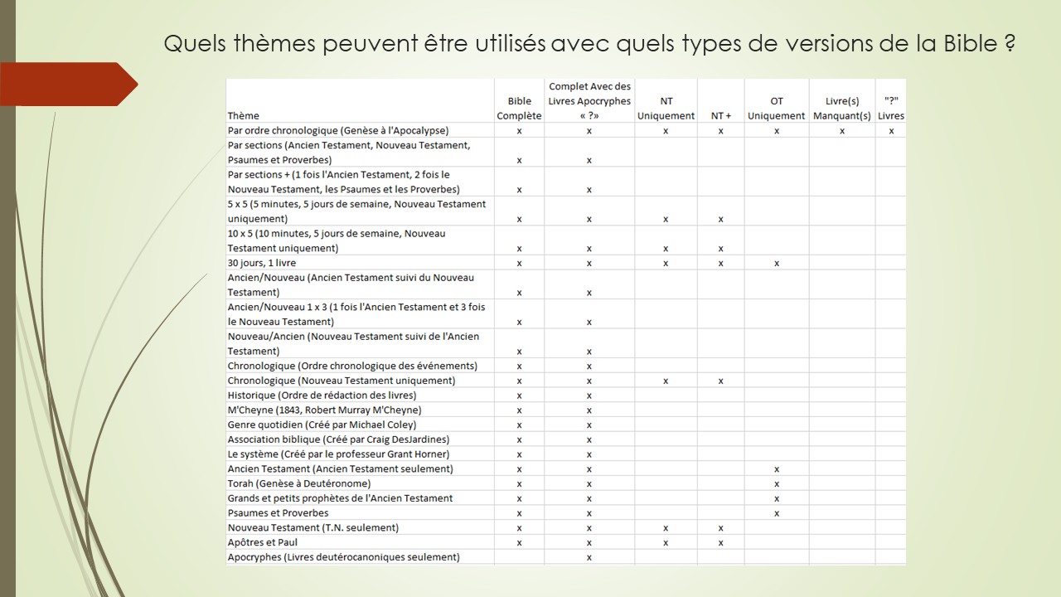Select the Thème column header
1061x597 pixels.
click(x=244, y=116)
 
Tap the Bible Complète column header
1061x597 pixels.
click(x=519, y=109)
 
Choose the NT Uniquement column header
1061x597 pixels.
click(x=666, y=109)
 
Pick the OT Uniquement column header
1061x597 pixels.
click(x=776, y=109)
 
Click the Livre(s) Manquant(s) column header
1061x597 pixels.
click(x=841, y=109)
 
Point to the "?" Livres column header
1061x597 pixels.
click(x=891, y=109)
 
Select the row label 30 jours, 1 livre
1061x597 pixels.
click(x=262, y=263)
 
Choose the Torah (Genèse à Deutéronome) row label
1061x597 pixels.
click(x=299, y=483)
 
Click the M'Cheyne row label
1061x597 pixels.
click(x=324, y=410)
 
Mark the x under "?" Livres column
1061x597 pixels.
click(x=891, y=131)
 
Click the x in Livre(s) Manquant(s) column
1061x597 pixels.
click(x=842, y=131)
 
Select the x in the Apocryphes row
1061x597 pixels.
click(x=589, y=557)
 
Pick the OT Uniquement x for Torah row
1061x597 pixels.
click(x=777, y=483)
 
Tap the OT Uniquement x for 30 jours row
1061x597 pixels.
click(x=777, y=264)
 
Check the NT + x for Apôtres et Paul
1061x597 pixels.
click(x=721, y=542)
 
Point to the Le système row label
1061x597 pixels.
click(x=338, y=454)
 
